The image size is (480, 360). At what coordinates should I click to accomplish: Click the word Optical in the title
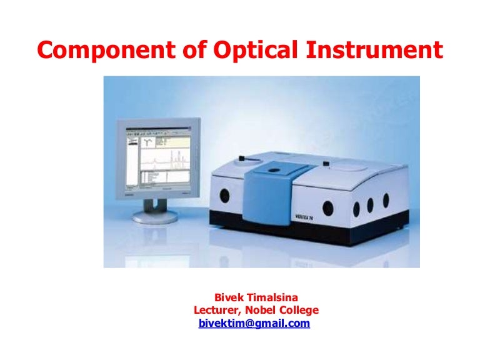[x=238, y=49]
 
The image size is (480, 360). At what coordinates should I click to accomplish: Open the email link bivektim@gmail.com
[x=254, y=323]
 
